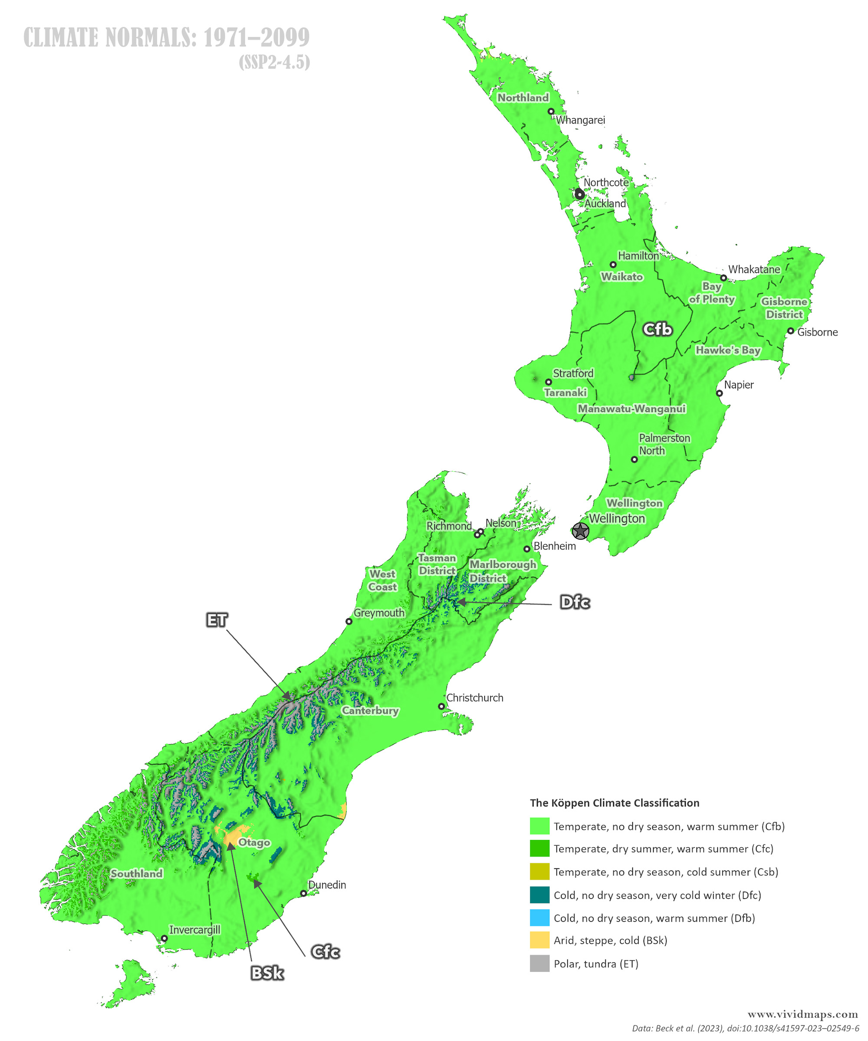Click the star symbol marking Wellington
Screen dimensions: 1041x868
coord(580,531)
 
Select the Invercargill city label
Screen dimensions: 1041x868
coord(194,930)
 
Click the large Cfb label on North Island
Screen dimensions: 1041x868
coord(657,329)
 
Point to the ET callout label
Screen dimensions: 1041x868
coord(217,620)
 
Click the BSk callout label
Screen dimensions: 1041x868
coord(267,973)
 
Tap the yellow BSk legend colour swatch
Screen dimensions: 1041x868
coord(539,940)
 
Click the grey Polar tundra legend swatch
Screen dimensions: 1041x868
coord(539,963)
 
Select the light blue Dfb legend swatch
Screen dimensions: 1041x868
coord(539,917)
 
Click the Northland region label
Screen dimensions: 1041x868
coord(523,98)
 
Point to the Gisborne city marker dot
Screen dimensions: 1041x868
coord(791,331)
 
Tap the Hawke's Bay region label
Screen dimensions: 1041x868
coord(728,350)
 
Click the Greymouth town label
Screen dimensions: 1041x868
coord(379,613)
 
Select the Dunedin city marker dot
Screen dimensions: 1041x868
coord(303,893)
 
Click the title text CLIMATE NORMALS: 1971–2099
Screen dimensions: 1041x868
coord(167,38)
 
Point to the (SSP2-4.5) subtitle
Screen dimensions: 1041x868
coord(274,62)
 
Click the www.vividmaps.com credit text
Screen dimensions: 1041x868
coord(802,1014)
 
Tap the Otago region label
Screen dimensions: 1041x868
coord(254,842)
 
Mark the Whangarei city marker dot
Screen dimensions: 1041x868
coord(551,111)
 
